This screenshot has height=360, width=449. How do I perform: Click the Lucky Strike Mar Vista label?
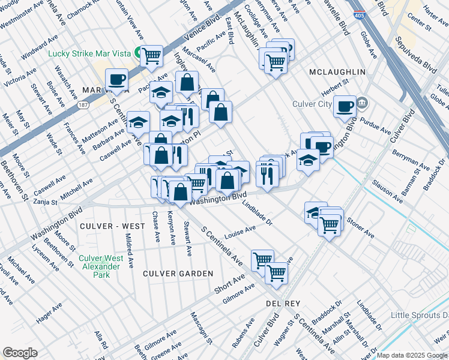point(89,53)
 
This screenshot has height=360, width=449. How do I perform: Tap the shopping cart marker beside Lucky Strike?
point(152,56)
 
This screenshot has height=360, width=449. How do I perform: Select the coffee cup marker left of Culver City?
point(345,106)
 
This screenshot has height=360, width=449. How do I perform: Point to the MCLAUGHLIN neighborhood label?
point(337,72)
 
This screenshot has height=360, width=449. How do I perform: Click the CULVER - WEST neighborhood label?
point(111,226)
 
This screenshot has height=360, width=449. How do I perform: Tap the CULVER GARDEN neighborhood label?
point(178,274)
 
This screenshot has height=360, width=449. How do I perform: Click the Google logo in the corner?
point(20,353)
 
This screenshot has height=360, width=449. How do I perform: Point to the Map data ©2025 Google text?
point(412,355)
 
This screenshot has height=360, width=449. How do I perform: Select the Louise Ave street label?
point(240,232)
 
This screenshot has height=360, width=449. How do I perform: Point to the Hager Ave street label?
point(49,313)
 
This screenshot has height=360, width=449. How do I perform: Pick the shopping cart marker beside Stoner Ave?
point(329,224)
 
